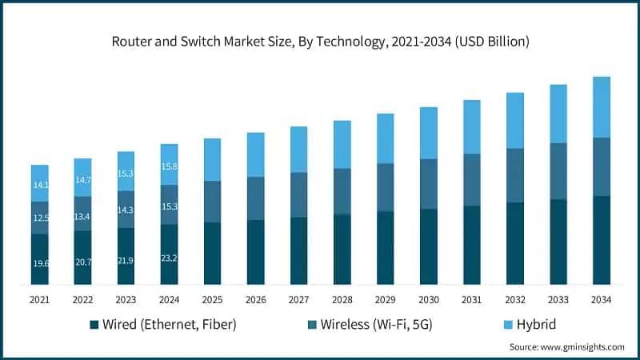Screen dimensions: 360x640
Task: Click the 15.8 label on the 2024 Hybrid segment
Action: click(x=169, y=166)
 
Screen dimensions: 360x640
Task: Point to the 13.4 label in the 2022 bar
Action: click(x=82, y=216)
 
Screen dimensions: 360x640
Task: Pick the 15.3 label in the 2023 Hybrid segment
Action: click(x=126, y=174)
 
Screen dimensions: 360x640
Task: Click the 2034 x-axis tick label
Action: click(x=601, y=299)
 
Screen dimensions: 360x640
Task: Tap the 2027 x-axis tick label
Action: click(x=298, y=299)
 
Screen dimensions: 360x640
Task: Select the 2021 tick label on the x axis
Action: click(x=39, y=299)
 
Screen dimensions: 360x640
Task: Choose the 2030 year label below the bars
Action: click(x=428, y=299)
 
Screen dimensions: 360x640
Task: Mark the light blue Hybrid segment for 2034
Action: click(x=601, y=107)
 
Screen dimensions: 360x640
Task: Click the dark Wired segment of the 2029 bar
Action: click(x=385, y=247)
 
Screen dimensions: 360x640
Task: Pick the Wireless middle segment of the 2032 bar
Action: click(x=514, y=175)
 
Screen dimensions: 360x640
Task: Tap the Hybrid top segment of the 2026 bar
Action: click(x=255, y=154)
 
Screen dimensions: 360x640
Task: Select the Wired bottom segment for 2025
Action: click(x=212, y=253)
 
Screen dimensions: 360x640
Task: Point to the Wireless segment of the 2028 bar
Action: click(x=342, y=191)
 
